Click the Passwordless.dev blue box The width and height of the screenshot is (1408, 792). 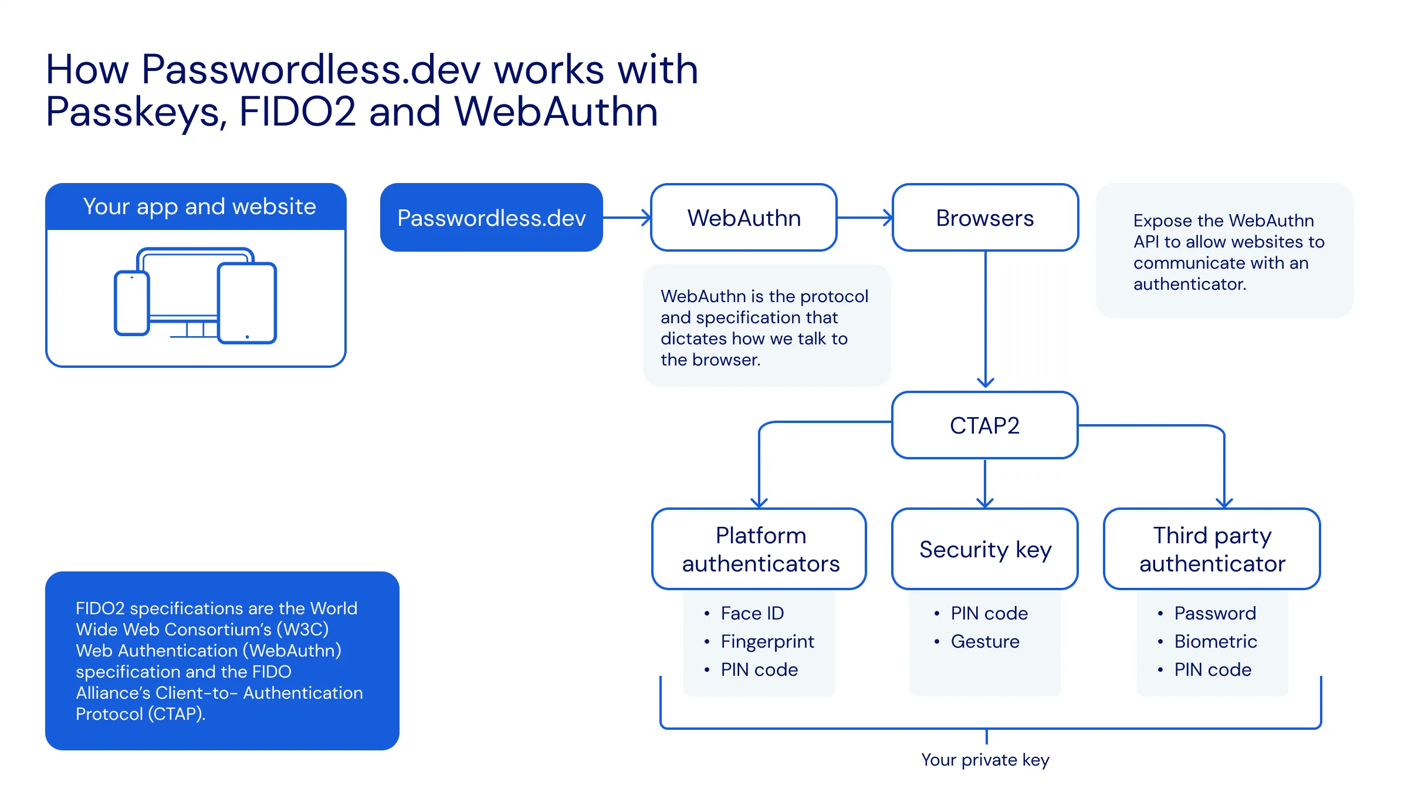[x=491, y=218]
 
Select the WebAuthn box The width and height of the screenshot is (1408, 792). [x=743, y=218]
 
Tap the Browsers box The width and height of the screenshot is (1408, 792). [x=984, y=218]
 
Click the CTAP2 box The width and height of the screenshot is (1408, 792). [x=984, y=425]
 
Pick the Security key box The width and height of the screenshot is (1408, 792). [x=984, y=549]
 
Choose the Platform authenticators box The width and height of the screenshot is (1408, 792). [x=760, y=549]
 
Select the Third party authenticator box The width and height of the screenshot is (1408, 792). [x=1212, y=549]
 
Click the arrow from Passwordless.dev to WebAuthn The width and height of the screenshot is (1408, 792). [x=627, y=218]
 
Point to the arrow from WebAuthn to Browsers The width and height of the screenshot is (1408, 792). [x=864, y=218]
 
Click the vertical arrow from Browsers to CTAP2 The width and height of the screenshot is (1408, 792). [x=986, y=320]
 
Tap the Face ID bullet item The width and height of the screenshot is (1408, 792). [x=752, y=613]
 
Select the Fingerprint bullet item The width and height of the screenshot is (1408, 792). [x=767, y=641]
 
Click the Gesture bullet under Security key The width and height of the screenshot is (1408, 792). [x=985, y=641]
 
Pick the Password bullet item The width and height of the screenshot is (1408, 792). [x=1214, y=613]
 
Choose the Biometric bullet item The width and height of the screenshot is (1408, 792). [x=1215, y=641]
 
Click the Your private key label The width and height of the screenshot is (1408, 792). [x=985, y=760]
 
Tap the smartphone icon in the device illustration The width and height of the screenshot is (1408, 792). [x=132, y=303]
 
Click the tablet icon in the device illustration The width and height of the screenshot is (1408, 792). [x=247, y=303]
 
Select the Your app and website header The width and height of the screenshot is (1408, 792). [x=199, y=207]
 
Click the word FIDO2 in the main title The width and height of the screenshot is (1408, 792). [x=297, y=111]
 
